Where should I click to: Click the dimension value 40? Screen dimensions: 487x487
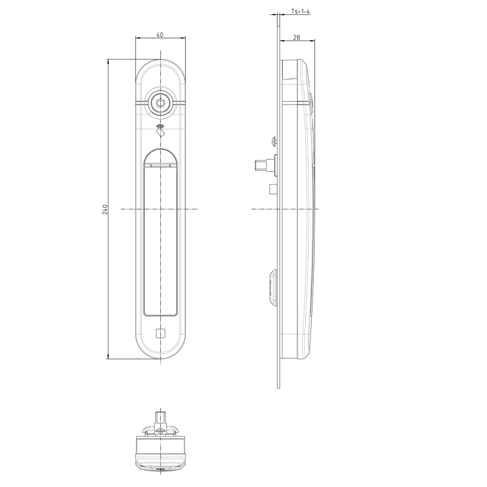[x=160, y=34]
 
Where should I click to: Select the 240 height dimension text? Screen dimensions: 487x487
[x=105, y=209]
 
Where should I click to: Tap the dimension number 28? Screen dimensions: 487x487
[x=297, y=37]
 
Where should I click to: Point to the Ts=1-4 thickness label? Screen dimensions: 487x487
[x=301, y=11]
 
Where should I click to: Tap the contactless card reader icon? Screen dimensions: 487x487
[x=161, y=131]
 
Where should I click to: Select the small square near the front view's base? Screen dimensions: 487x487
[x=161, y=333]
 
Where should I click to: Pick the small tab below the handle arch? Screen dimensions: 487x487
[x=161, y=166]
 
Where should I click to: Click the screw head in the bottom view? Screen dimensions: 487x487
[x=161, y=431]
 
